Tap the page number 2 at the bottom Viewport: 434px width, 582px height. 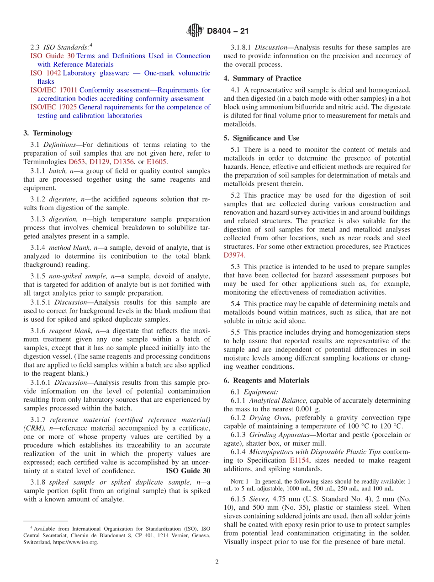(217, 562)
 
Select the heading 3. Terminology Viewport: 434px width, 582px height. (48, 133)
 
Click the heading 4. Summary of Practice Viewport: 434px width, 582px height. (262, 78)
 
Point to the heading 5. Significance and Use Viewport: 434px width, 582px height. (261, 138)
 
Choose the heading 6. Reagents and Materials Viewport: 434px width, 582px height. (266, 380)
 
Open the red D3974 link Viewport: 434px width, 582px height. (233, 255)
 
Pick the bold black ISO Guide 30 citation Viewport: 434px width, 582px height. (188, 470)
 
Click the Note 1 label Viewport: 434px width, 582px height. (239, 481)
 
